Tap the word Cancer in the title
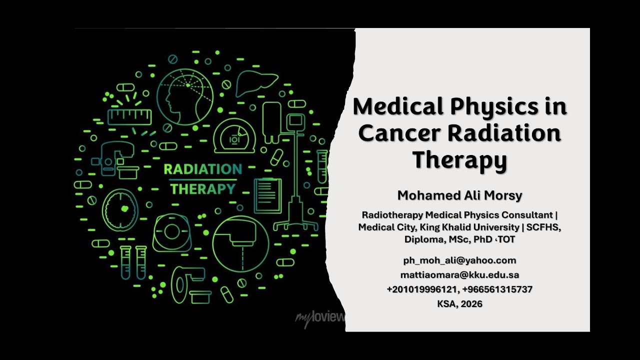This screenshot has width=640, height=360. (x=398, y=133)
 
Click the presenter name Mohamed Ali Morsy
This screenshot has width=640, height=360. (x=459, y=195)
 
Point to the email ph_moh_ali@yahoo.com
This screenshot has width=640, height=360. (x=459, y=260)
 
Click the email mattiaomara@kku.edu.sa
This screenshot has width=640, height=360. (x=459, y=275)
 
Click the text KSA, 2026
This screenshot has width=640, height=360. (x=459, y=303)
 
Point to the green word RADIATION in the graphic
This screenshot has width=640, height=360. (x=202, y=169)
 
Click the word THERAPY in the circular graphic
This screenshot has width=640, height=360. (x=202, y=189)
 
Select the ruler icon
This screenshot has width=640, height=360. (x=129, y=116)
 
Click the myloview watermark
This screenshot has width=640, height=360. (x=320, y=317)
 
